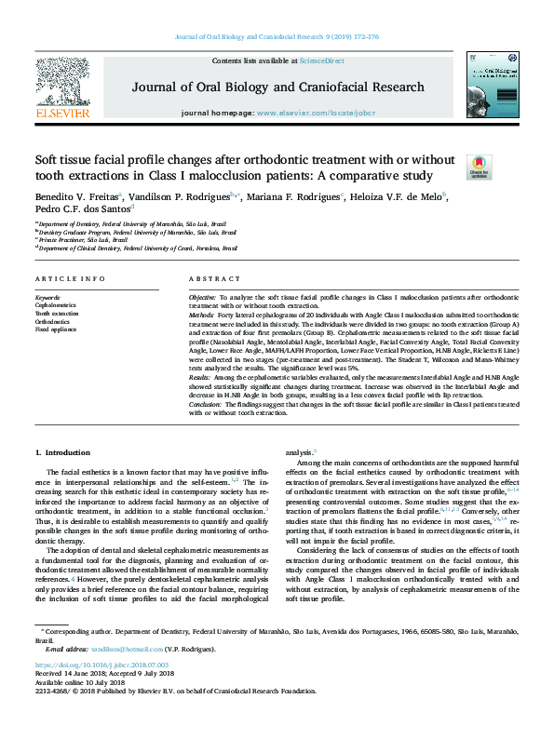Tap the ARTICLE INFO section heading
[70, 279]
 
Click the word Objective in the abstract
[203, 296]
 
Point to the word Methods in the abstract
[201, 315]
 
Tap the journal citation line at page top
[277, 38]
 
